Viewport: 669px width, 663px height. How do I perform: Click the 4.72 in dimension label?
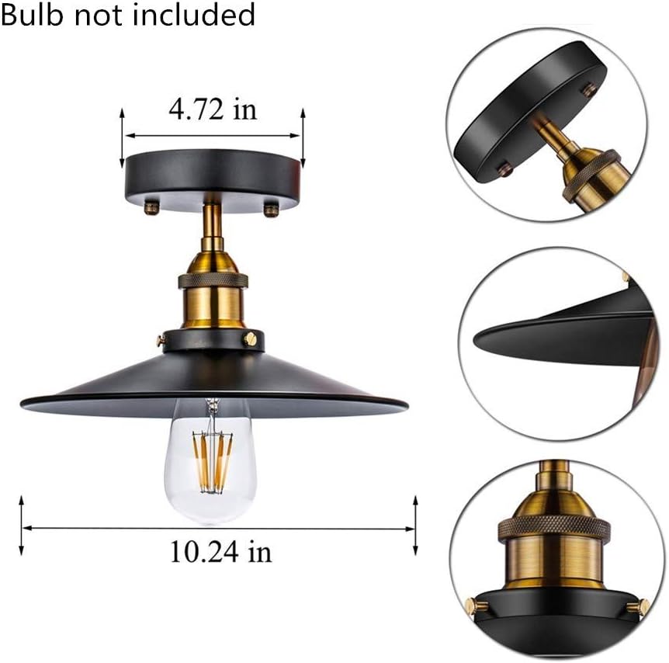coord(212,109)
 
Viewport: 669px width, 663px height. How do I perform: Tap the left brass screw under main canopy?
coord(151,207)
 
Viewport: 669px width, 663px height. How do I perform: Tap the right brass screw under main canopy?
coord(271,209)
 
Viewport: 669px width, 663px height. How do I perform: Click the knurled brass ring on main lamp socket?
coord(213,281)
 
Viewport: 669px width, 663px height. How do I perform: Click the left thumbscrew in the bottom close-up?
coord(472,603)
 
